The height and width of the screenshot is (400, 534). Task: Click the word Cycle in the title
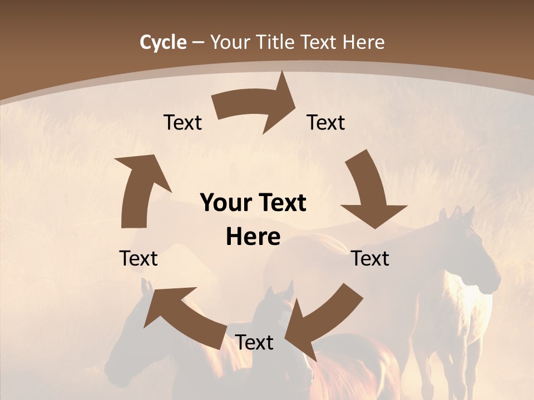(x=163, y=42)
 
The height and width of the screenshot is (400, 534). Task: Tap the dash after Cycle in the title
(x=197, y=43)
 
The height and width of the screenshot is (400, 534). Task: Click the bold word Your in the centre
(x=225, y=203)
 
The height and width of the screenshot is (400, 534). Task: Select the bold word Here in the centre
(x=253, y=237)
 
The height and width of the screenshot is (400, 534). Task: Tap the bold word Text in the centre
(x=281, y=203)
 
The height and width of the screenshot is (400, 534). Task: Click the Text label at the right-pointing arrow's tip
(x=326, y=123)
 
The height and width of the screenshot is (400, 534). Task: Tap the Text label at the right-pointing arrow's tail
(x=182, y=123)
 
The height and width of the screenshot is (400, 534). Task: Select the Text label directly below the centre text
(x=254, y=343)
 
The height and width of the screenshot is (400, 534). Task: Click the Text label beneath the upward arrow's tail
(x=139, y=259)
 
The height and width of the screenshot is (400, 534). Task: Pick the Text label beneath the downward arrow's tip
(x=370, y=259)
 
